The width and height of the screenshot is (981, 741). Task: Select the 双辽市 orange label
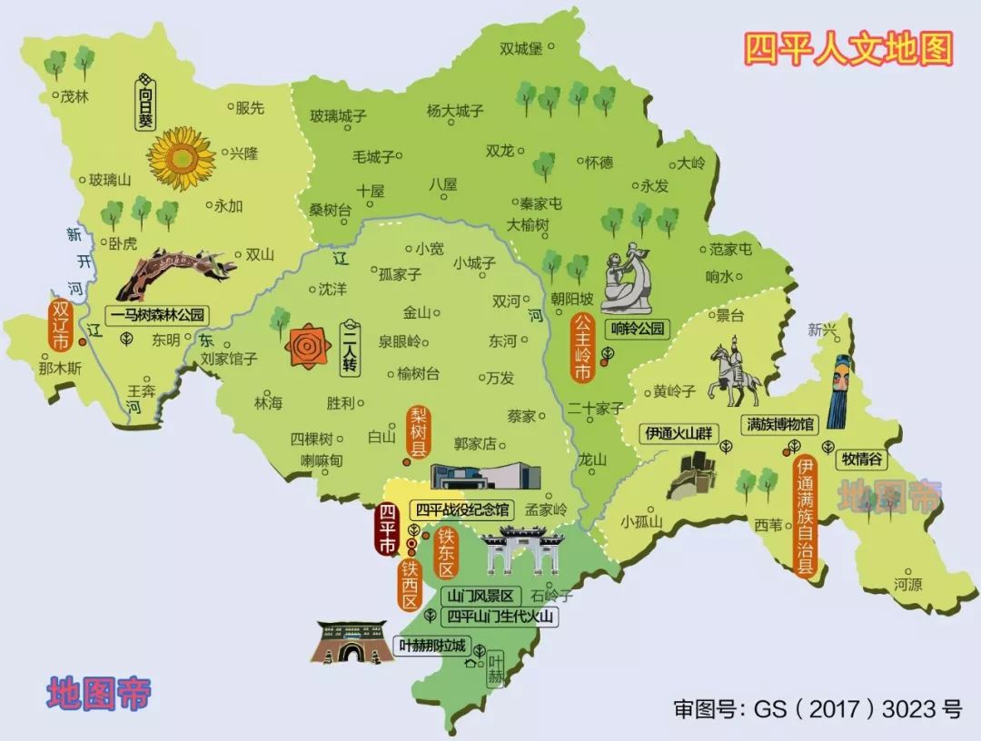pyautogui.click(x=61, y=327)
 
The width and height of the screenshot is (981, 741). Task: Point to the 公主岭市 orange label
pyautogui.click(x=582, y=349)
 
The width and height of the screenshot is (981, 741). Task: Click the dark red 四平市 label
pyautogui.click(x=388, y=528)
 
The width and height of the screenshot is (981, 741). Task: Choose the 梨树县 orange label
pyautogui.click(x=418, y=431)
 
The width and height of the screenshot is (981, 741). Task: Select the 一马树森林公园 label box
pyautogui.click(x=159, y=315)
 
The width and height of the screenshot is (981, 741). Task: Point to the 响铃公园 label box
pyautogui.click(x=638, y=329)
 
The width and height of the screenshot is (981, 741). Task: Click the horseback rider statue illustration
pyautogui.click(x=734, y=374)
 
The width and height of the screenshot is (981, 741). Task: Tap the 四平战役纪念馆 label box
pyautogui.click(x=462, y=509)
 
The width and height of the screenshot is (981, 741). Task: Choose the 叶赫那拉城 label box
pyautogui.click(x=432, y=647)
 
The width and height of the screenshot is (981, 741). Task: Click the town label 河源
pyautogui.click(x=907, y=584)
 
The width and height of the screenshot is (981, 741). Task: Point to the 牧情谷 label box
pyautogui.click(x=862, y=459)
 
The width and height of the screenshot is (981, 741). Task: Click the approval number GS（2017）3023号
pyautogui.click(x=817, y=708)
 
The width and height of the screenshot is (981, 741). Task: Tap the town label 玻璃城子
pyautogui.click(x=338, y=116)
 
